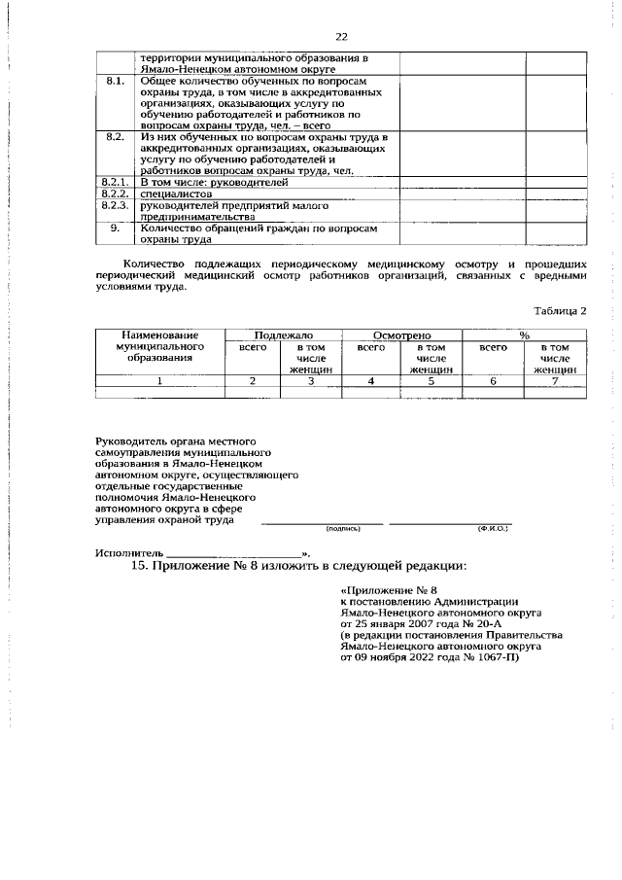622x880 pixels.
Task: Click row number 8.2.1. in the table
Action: (x=115, y=182)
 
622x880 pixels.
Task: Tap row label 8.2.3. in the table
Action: (x=115, y=206)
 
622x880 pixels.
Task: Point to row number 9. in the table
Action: (x=115, y=229)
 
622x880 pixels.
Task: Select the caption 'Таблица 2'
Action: (x=560, y=310)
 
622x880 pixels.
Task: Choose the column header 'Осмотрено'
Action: (x=402, y=334)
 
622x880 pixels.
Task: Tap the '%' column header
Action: (x=524, y=334)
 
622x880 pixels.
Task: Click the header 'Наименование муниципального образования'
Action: (x=159, y=346)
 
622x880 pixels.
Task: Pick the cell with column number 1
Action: (x=159, y=381)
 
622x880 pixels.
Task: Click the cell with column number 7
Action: (x=555, y=381)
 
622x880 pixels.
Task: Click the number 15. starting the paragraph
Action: (x=142, y=567)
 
